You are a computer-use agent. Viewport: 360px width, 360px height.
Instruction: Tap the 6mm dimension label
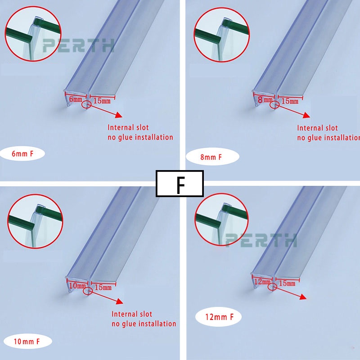click(75, 99)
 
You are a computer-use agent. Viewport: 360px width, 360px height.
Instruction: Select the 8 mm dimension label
click(265, 99)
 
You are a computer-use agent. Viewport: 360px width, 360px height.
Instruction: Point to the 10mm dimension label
click(77, 286)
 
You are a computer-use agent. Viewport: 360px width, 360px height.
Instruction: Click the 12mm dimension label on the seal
click(262, 282)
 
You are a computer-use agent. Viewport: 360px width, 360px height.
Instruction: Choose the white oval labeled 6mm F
click(22, 153)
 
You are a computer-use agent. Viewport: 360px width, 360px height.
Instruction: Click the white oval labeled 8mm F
click(212, 157)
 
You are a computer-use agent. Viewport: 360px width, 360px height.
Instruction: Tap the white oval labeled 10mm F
click(27, 342)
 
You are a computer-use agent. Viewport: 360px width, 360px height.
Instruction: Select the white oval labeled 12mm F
click(219, 317)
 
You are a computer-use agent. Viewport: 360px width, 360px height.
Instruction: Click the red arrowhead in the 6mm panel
click(118, 115)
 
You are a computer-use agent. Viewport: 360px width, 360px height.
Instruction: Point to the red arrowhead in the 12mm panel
click(303, 297)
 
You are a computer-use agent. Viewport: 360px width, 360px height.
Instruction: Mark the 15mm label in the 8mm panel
click(290, 101)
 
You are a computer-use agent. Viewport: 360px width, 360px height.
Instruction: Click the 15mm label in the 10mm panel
click(103, 287)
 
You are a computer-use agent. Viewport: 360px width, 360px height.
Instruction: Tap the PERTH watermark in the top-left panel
click(78, 45)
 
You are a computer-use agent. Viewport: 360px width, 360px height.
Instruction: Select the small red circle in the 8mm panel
click(274, 105)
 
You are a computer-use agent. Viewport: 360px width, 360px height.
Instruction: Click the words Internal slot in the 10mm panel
click(132, 314)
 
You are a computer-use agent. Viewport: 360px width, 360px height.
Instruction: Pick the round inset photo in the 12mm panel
click(221, 220)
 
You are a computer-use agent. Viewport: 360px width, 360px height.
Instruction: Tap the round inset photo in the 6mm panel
click(33, 34)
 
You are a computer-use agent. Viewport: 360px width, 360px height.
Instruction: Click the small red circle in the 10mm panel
click(87, 291)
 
